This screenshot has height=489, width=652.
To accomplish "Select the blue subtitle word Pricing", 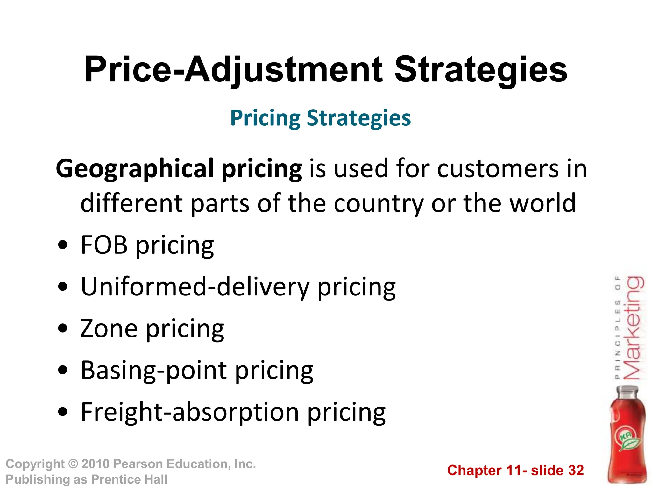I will pyautogui.click(x=265, y=118).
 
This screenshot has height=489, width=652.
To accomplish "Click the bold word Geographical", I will pyautogui.click(x=135, y=169).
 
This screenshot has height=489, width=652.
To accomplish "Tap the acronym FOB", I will pyautogui.click(x=104, y=245).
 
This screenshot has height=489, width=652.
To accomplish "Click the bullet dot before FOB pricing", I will pyautogui.click(x=63, y=245).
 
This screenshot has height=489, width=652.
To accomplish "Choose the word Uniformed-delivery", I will pyautogui.click(x=195, y=287).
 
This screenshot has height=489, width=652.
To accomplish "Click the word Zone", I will pyautogui.click(x=109, y=329).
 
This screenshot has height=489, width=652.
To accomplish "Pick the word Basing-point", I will pyautogui.click(x=154, y=370).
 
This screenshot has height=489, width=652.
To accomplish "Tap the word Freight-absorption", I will pyautogui.click(x=190, y=412).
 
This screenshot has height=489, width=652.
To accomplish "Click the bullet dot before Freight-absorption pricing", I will pyautogui.click(x=63, y=412).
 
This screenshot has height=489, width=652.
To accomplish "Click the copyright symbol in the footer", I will pyautogui.click(x=73, y=464).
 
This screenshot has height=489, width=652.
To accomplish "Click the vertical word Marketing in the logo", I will pyautogui.click(x=634, y=328).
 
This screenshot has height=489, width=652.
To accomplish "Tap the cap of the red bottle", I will pyautogui.click(x=627, y=391).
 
